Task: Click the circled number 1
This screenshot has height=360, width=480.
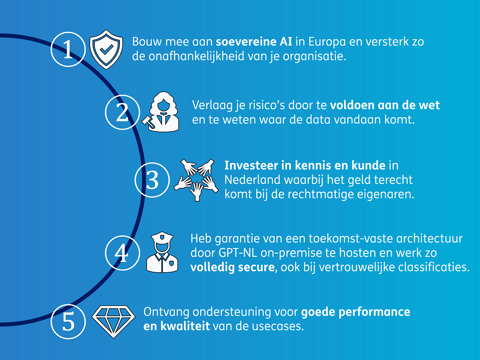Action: point(68,49)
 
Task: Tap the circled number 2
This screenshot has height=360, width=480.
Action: point(122,113)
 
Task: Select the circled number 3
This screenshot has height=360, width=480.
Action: point(152,180)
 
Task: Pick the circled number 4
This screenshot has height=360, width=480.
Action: point(122,253)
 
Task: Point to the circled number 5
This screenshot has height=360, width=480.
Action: point(68,321)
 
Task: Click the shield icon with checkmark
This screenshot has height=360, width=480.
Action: point(106,49)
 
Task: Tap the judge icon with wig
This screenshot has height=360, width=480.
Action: point(162,112)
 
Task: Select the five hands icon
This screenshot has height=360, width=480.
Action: point(196,180)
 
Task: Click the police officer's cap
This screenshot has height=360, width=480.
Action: point(162,237)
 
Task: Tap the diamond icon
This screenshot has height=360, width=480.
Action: point(113,321)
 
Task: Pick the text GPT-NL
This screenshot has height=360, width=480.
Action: point(238,253)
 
